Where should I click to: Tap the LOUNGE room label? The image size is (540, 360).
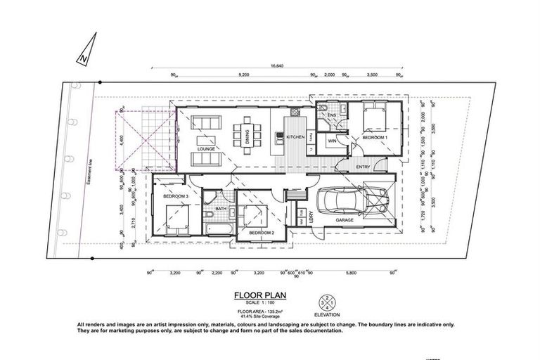pos(207,149)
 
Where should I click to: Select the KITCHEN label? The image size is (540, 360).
pos(295,138)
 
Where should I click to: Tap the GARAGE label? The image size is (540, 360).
pos(344,220)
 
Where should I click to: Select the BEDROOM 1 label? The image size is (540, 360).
pos(375,138)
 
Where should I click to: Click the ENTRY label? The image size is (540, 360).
pos(364,167)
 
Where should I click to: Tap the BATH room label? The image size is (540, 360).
pos(220,208)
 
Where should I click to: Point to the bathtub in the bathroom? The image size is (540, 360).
pos(219,229)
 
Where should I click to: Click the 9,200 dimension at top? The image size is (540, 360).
pos(244,74)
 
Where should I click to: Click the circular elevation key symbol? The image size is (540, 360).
pos(326,304)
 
